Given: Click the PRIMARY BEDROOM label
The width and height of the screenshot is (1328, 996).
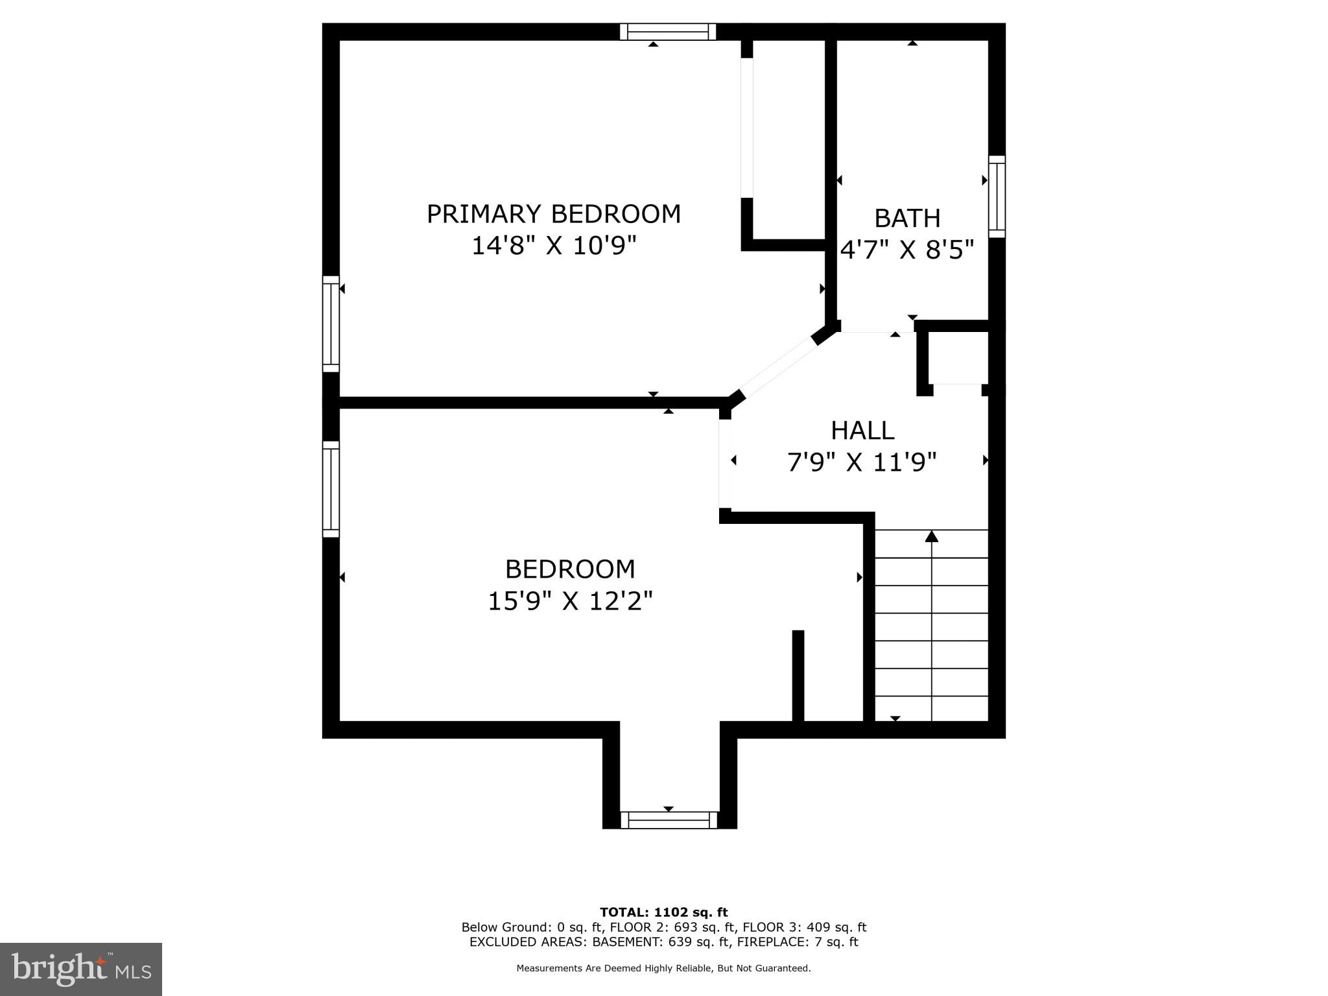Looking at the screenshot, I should pos(554,214).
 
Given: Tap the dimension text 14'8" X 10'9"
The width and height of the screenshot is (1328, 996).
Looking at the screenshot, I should pos(554,246).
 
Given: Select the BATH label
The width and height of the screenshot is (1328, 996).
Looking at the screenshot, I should pos(907,219).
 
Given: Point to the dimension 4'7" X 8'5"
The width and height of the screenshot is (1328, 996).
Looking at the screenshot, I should pos(907,250).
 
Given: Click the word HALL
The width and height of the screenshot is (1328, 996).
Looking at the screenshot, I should pos(862,431).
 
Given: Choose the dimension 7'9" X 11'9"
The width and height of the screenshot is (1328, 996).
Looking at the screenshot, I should pos(862,463).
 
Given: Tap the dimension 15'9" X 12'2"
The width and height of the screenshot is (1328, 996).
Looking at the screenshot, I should pos(569,602).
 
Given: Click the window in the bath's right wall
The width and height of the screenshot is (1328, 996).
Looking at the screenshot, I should pos(997,196).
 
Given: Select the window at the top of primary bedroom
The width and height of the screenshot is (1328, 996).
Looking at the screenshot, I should pos(668,32).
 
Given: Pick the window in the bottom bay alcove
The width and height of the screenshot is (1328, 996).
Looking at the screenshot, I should pos(669,820).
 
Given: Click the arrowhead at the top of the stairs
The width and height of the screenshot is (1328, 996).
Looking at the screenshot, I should pos(932,536).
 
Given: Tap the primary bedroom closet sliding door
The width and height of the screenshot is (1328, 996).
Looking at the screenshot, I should pos(747,128).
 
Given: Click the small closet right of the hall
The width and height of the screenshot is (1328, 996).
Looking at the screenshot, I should pos(958,358).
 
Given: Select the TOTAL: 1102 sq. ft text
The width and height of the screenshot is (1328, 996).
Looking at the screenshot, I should pos(663,912).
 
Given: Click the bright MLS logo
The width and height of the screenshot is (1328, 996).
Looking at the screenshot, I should pos(81,969).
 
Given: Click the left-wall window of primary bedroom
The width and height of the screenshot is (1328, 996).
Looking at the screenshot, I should pos(331,324).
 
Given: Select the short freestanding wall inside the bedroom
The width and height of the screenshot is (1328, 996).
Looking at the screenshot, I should pos(798,675).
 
